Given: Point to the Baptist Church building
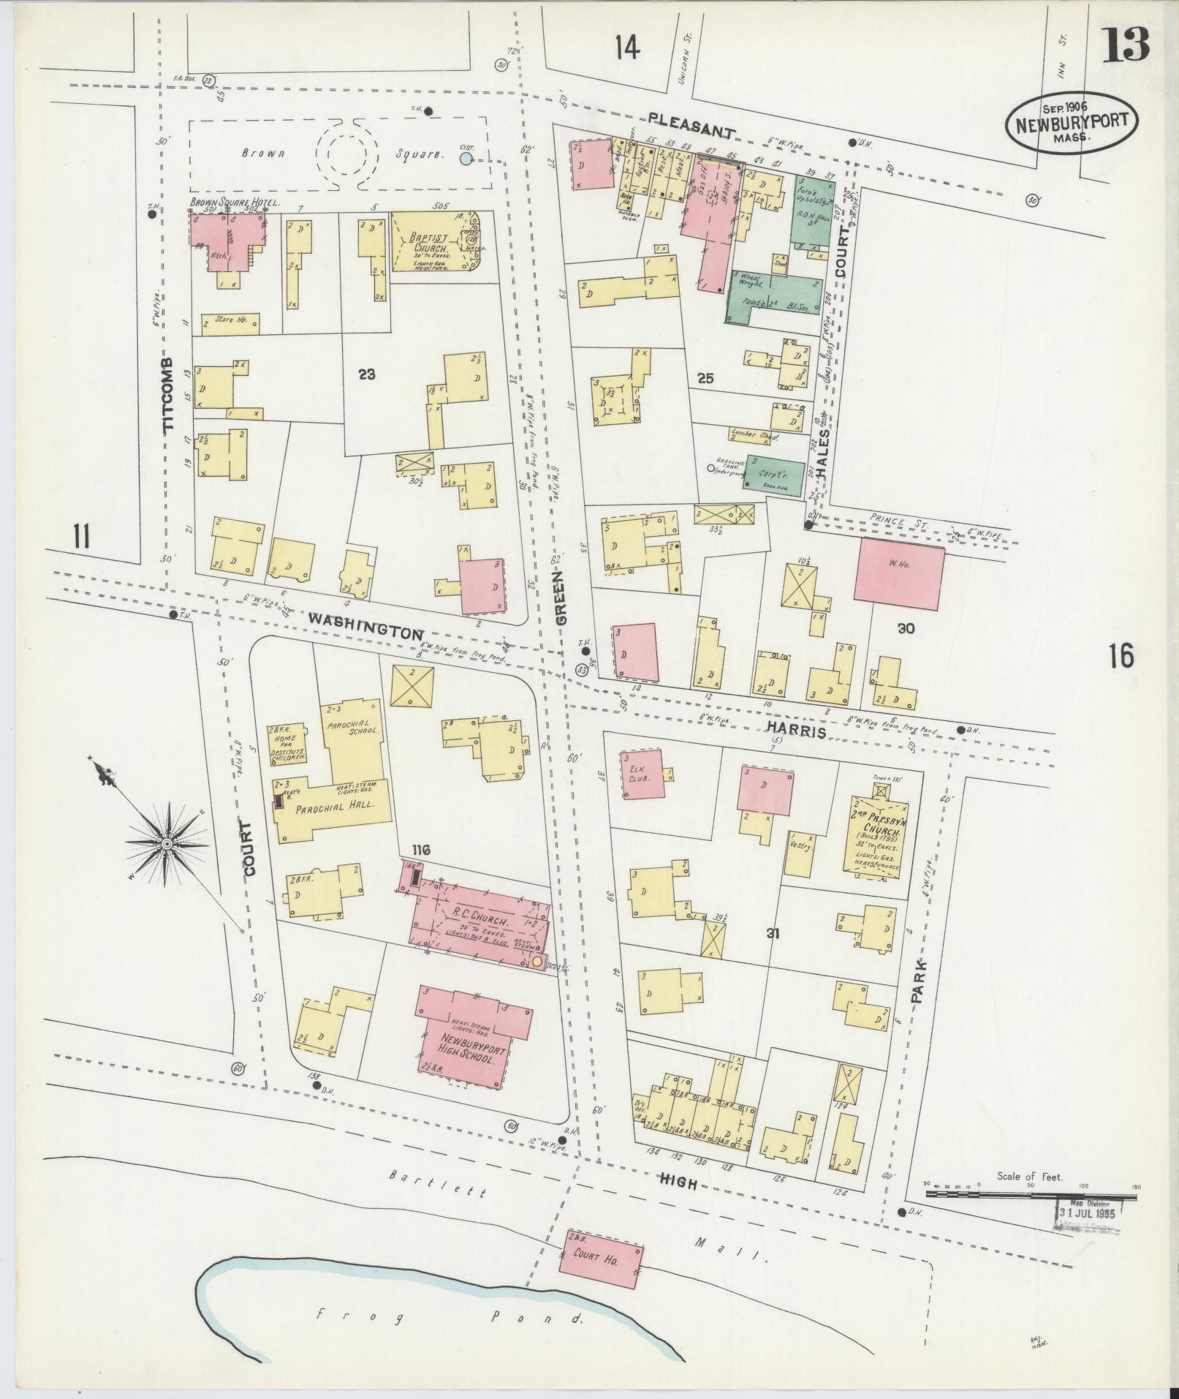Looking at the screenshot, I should click(x=431, y=241).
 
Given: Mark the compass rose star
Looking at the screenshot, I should click(x=168, y=845).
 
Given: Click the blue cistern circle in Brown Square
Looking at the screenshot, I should click(x=466, y=157).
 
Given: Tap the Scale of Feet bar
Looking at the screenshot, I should click(x=1031, y=1193).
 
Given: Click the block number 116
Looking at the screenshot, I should click(x=421, y=850).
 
